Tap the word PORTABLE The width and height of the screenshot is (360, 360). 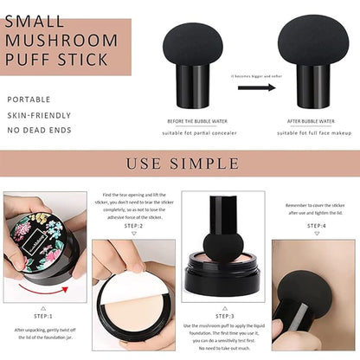29,100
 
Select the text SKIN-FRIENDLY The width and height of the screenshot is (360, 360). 39,115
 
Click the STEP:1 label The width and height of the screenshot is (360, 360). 42,317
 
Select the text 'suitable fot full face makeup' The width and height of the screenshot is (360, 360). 314,133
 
